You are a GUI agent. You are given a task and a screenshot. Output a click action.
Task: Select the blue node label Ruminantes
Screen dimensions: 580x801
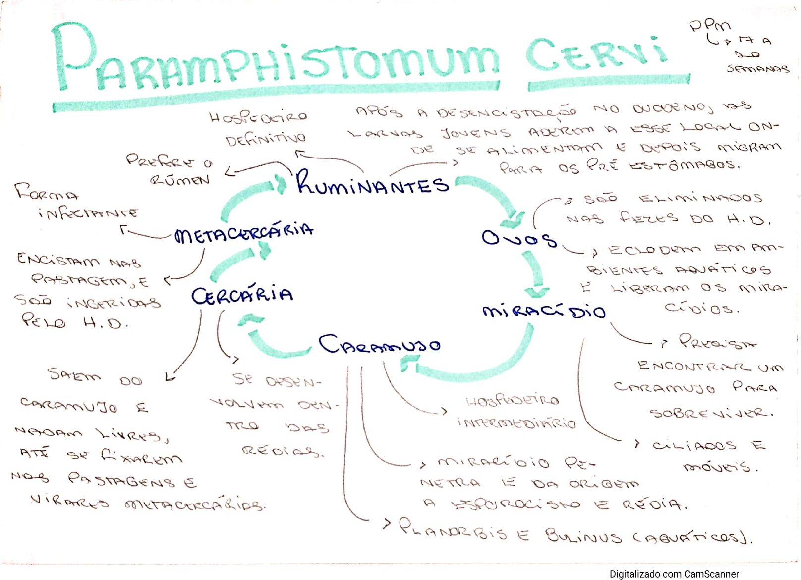(373, 183)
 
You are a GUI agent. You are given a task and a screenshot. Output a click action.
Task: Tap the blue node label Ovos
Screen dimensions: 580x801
(519, 239)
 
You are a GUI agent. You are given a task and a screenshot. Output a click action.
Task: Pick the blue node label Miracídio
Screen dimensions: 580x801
(544, 311)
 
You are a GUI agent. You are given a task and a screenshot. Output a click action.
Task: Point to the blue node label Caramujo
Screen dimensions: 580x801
(379, 344)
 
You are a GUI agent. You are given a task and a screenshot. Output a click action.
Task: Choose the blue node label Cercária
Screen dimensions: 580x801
(242, 295)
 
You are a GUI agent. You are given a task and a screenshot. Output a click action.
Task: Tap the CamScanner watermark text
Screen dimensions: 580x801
(674, 574)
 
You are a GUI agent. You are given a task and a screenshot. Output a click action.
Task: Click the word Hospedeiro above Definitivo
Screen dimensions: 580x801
(258, 117)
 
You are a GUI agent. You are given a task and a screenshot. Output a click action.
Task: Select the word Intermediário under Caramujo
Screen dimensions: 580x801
(516, 422)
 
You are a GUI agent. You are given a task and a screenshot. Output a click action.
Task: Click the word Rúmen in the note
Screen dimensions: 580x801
(179, 180)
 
